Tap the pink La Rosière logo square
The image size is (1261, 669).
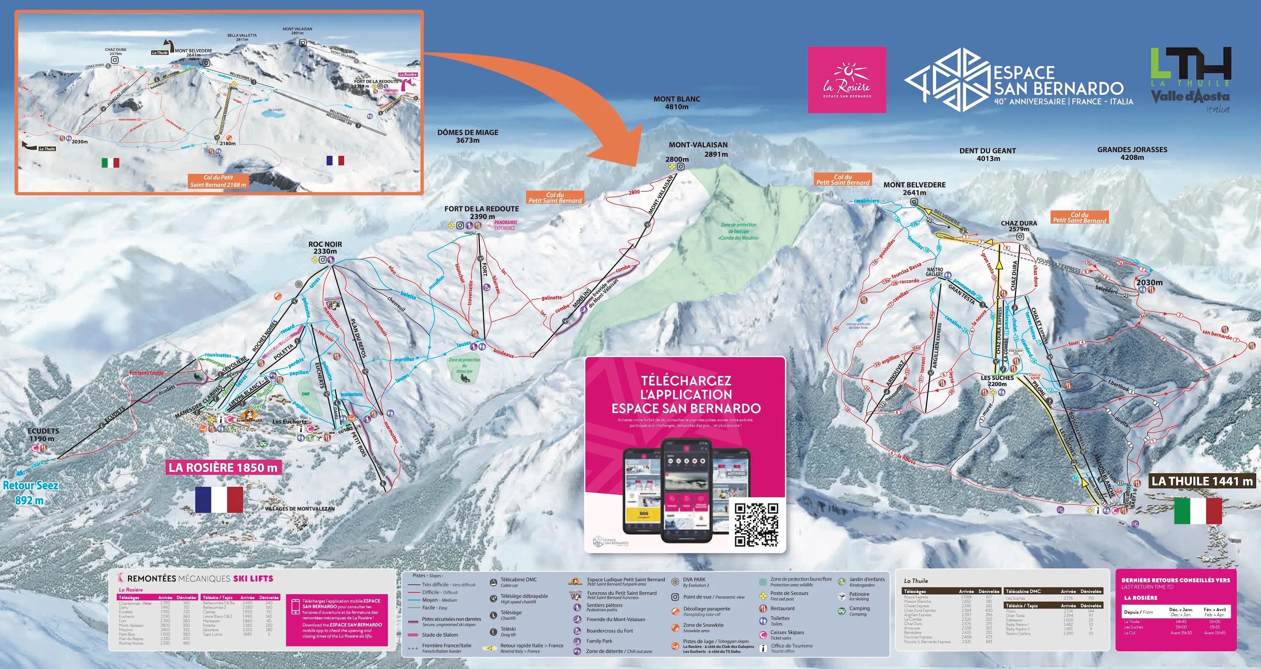847,80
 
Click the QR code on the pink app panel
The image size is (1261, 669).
756,524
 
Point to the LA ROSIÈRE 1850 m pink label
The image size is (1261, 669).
223,467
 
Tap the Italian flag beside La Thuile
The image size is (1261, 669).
1197,510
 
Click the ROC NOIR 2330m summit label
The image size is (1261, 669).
325,247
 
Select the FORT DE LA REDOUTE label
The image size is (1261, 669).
481,212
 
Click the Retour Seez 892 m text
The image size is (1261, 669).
31,492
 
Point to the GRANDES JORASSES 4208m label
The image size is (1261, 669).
1132,153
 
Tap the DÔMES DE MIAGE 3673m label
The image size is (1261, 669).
467,136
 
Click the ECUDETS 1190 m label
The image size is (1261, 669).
43,434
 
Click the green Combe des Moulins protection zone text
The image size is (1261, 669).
738,231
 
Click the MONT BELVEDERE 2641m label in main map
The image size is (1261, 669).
914,188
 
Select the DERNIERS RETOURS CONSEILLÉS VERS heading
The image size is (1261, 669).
1175,580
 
